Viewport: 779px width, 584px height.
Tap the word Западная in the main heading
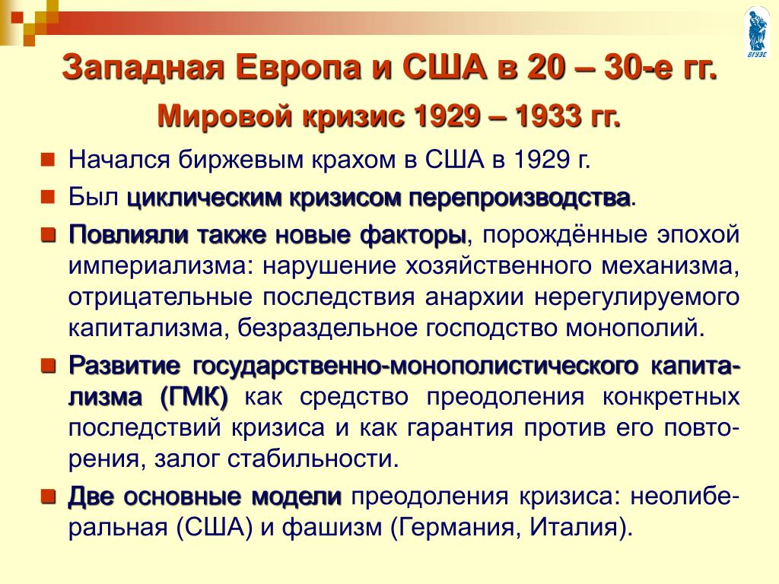click(x=143, y=68)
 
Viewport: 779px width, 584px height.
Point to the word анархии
click(x=474, y=297)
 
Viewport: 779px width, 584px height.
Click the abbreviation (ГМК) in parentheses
click(x=194, y=397)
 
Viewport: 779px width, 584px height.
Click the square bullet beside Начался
click(x=47, y=160)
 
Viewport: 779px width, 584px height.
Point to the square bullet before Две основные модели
click(x=47, y=497)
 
